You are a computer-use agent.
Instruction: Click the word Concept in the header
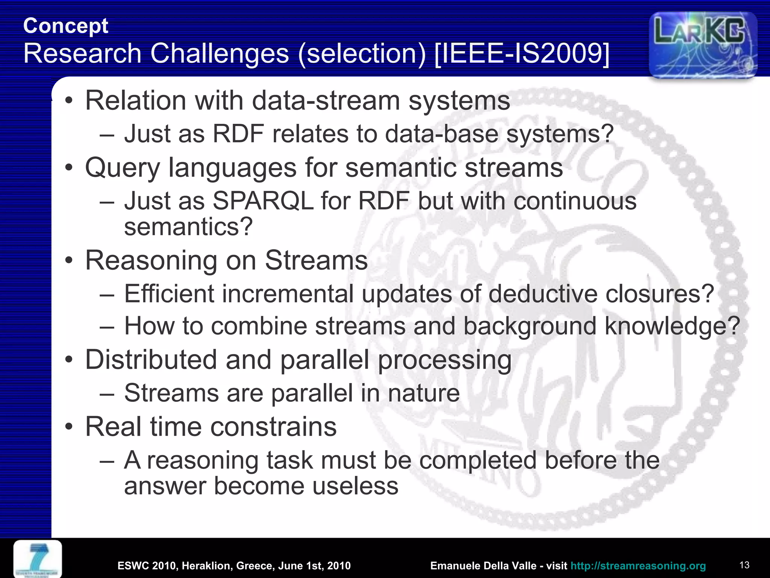(x=66, y=26)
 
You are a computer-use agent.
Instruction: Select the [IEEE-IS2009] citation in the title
(x=521, y=53)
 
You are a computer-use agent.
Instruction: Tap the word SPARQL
(x=263, y=201)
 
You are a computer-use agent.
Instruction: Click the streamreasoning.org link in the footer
(x=638, y=566)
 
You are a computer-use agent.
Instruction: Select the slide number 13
(x=744, y=565)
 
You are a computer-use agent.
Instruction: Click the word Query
(x=123, y=168)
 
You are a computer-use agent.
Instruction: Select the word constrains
(x=273, y=427)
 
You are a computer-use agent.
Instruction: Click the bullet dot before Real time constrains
(x=68, y=427)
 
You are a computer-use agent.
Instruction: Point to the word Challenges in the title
(x=220, y=53)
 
